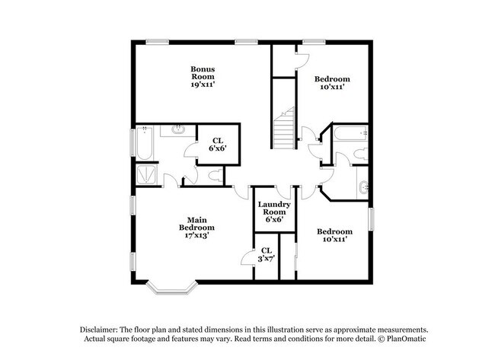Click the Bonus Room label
pyautogui.click(x=202, y=76)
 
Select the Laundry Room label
pyautogui.click(x=270, y=212)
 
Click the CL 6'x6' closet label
pyautogui.click(x=218, y=143)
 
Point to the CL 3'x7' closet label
pyautogui.click(x=266, y=254)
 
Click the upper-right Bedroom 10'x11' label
pyautogui.click(x=332, y=82)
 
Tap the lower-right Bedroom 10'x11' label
pyautogui.click(x=334, y=234)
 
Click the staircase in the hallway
pyautogui.click(x=285, y=129)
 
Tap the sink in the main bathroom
pyautogui.click(x=177, y=130)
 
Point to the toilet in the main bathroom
pyautogui.click(x=216, y=176)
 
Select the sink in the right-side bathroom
pyautogui.click(x=362, y=185)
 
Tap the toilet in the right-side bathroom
pyautogui.click(x=361, y=155)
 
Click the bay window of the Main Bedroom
pyautogui.click(x=172, y=287)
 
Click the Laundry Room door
pyautogui.click(x=283, y=192)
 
